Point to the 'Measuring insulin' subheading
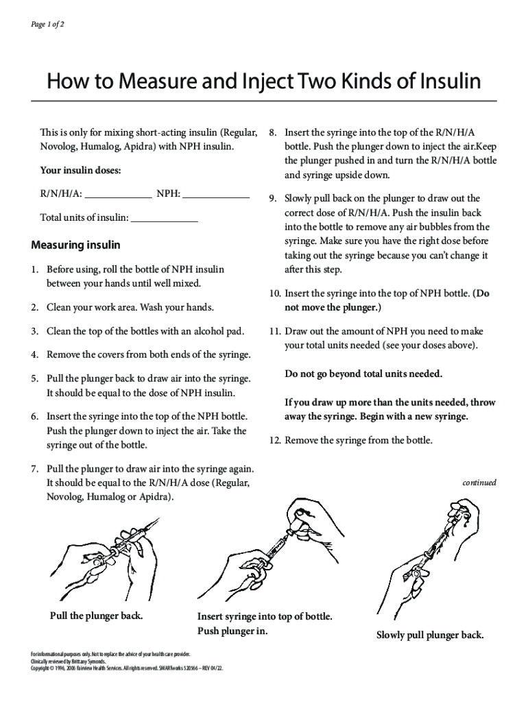point(76,245)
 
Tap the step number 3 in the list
point(34,331)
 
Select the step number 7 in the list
point(34,469)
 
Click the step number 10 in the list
point(274,293)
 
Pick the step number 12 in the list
point(274,440)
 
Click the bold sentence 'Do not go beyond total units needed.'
point(363,374)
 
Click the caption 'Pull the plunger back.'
point(97,615)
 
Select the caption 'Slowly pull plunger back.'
point(430,635)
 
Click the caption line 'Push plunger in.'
point(232,631)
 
